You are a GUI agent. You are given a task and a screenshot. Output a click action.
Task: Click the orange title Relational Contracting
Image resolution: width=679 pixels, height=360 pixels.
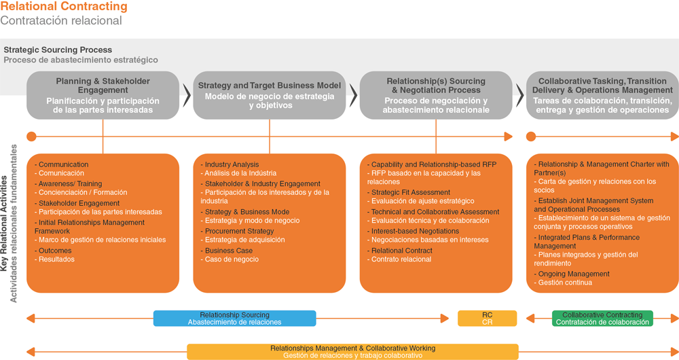(64, 7)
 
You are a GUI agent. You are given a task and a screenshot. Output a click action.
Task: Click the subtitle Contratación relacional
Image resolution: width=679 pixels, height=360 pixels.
(61, 20)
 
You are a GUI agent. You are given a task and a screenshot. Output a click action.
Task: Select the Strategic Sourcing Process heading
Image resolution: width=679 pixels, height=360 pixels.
(58, 50)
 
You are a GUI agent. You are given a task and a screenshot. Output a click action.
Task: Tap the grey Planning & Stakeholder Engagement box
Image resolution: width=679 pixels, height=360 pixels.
(103, 95)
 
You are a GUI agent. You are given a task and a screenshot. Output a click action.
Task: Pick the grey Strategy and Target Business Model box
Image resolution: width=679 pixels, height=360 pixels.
(270, 95)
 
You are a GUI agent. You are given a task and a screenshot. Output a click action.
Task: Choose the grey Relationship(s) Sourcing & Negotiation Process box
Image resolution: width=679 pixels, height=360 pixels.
(436, 95)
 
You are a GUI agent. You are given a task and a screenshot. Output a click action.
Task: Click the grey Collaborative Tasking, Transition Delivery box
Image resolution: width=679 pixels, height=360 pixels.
(602, 95)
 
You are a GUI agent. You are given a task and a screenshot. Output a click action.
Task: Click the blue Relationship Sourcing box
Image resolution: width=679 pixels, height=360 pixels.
(235, 319)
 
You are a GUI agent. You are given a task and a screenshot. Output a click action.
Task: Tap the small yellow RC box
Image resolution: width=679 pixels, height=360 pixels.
(487, 319)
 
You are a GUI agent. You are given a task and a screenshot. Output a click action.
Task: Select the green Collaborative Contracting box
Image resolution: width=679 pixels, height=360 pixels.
(602, 319)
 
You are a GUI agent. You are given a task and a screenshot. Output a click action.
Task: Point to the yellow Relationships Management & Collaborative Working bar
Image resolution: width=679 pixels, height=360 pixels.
(352, 352)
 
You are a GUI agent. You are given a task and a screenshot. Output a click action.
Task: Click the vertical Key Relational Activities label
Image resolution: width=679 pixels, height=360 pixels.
(4, 223)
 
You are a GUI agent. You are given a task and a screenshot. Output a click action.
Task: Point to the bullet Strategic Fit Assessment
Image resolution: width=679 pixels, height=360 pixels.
(409, 192)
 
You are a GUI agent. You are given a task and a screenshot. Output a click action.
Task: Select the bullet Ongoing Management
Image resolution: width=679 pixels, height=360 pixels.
(572, 274)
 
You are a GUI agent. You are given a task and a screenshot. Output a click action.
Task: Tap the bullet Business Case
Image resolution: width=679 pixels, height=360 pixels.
(227, 251)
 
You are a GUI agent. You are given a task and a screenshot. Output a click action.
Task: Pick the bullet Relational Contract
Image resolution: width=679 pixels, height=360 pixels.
(400, 251)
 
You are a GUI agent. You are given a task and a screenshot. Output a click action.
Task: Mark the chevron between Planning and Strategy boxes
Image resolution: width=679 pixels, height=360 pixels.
(187, 95)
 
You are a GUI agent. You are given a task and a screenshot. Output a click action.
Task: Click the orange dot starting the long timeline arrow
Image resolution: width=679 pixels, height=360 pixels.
(32, 137)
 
